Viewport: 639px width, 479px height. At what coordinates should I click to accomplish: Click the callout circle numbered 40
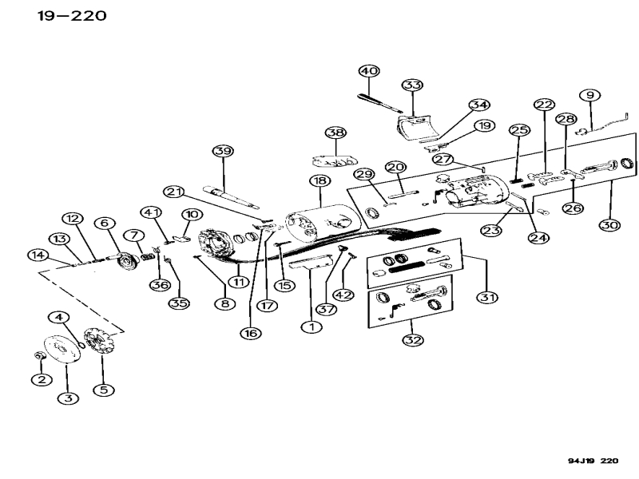coord(368,71)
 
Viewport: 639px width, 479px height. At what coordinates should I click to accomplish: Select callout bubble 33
coord(412,85)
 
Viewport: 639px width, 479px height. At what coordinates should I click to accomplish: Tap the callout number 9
coord(592,96)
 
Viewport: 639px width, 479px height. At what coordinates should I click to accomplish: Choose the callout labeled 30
coord(609,226)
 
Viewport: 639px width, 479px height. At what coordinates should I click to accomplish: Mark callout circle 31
coord(486,297)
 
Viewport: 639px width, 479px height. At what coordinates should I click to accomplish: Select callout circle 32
coord(413,339)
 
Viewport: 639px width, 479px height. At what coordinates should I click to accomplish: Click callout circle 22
coord(544,105)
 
